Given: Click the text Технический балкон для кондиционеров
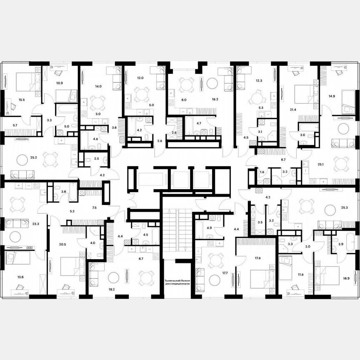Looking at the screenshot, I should [x=177, y=282].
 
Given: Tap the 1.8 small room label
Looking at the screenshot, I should [x=262, y=172].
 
